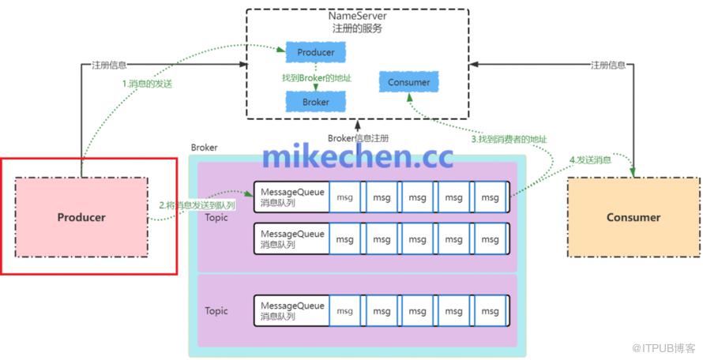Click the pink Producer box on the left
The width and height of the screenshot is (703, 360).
click(81, 217)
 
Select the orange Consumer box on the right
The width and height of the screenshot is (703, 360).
click(633, 217)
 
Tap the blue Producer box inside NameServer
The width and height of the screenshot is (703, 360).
click(315, 53)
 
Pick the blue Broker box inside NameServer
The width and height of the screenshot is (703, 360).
click(315, 102)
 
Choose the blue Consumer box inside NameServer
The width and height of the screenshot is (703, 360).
click(409, 82)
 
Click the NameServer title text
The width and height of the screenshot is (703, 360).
click(357, 16)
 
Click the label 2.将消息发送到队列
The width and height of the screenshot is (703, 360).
click(197, 204)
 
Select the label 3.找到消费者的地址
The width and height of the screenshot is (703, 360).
click(509, 139)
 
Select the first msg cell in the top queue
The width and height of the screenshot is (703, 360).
click(345, 196)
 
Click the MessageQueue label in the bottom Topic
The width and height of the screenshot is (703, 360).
click(291, 306)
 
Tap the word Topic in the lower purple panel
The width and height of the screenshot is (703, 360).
click(216, 310)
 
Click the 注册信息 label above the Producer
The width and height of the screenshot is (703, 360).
click(109, 65)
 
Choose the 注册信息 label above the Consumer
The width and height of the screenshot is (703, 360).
click(609, 65)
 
